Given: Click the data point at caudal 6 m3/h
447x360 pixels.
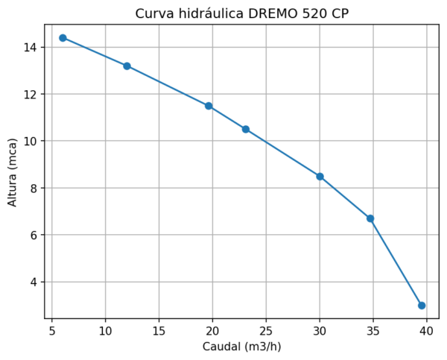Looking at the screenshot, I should pyautogui.click(x=63, y=38).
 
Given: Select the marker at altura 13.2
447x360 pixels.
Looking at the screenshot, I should pyautogui.click(x=127, y=66).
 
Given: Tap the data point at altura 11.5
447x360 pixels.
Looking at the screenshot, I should pyautogui.click(x=209, y=106).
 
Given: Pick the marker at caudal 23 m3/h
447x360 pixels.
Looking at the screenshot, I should pyautogui.click(x=245, y=130).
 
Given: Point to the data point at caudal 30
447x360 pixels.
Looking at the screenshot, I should pyautogui.click(x=320, y=177).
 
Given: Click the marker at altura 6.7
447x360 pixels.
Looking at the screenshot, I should pyautogui.click(x=370, y=218).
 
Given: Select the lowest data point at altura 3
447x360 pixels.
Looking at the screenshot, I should pyautogui.click(x=422, y=306).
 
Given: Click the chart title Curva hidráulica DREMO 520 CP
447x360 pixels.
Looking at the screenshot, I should pyautogui.click(x=241, y=14).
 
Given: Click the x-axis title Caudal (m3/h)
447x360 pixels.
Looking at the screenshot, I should pyautogui.click(x=241, y=347).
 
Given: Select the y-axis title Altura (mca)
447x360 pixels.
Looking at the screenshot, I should pyautogui.click(x=13, y=172).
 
